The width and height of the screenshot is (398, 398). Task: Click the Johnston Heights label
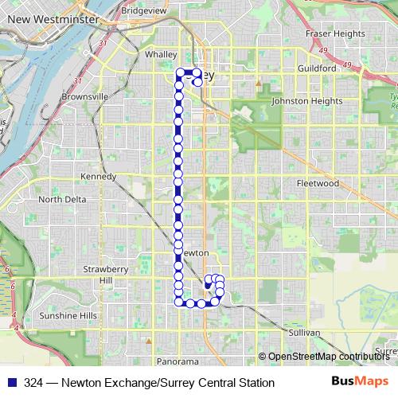306,101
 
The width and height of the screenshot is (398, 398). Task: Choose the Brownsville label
85,96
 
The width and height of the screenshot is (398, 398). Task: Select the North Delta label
61,200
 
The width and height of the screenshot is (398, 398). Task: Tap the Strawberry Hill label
106,275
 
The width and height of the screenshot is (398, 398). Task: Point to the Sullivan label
305,331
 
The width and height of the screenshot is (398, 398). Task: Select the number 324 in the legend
33,383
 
